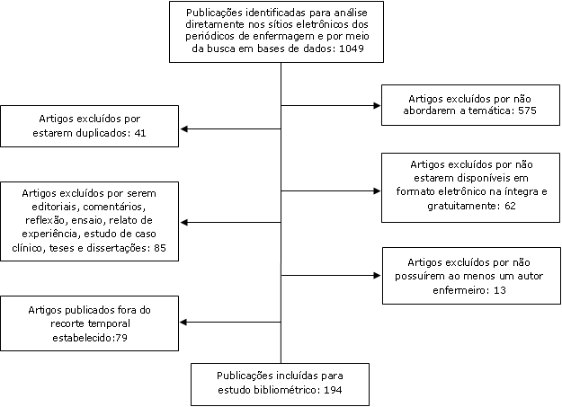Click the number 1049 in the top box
tap(352, 49)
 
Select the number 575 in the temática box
tap(527, 111)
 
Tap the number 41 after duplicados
tap(140, 133)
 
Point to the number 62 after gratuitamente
tap(510, 206)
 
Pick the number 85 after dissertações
tap(160, 248)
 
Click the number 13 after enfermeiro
tap(500, 290)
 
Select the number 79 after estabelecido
tap(121, 338)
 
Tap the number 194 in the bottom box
tap(333, 390)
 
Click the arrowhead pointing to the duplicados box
tap(183, 129)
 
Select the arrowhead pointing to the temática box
tap(377, 105)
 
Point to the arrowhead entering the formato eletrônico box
tap(377, 191)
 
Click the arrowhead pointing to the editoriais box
tap(183, 223)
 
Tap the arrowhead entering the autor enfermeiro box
tap(377, 276)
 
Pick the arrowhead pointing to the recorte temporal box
tap(183, 322)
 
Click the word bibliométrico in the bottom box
tap(292, 390)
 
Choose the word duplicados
tap(105, 133)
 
